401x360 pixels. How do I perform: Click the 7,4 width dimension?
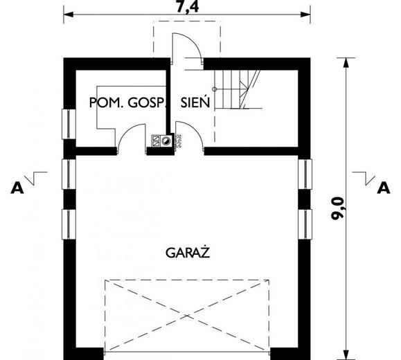tap(185, 8)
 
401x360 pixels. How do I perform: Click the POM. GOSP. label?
tap(128, 102)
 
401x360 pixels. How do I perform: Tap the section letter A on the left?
tap(15, 186)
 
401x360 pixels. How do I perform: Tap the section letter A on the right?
tap(382, 186)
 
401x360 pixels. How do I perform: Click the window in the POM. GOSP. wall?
tap(69, 124)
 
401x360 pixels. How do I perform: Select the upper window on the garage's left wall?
tap(69, 174)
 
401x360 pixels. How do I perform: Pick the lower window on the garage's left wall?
tap(69, 224)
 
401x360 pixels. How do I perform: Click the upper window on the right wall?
tap(305, 174)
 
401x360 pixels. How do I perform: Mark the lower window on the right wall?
tap(305, 224)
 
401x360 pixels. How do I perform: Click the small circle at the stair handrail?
tap(214, 89)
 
